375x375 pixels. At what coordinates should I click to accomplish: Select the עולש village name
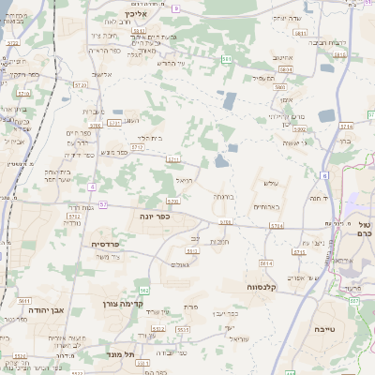(273, 183)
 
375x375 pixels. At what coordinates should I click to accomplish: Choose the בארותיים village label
(266, 207)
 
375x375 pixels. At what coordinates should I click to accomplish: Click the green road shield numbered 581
(226, 59)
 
